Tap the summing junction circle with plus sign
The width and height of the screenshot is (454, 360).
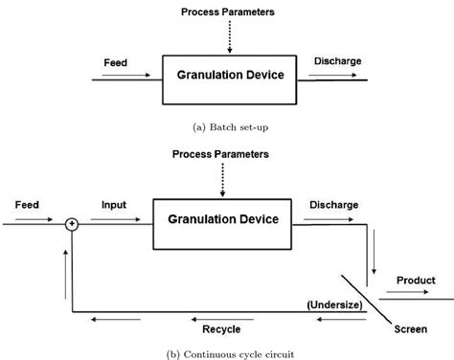point(70,224)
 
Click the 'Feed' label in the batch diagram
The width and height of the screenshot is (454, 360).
point(115,63)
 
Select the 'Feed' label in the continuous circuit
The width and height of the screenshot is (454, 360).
point(27,205)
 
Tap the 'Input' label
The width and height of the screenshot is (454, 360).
point(113,205)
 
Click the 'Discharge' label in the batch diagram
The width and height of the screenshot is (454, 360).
point(337,61)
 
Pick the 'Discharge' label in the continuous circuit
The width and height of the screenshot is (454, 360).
point(333,204)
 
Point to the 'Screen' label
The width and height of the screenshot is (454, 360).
point(411,329)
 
